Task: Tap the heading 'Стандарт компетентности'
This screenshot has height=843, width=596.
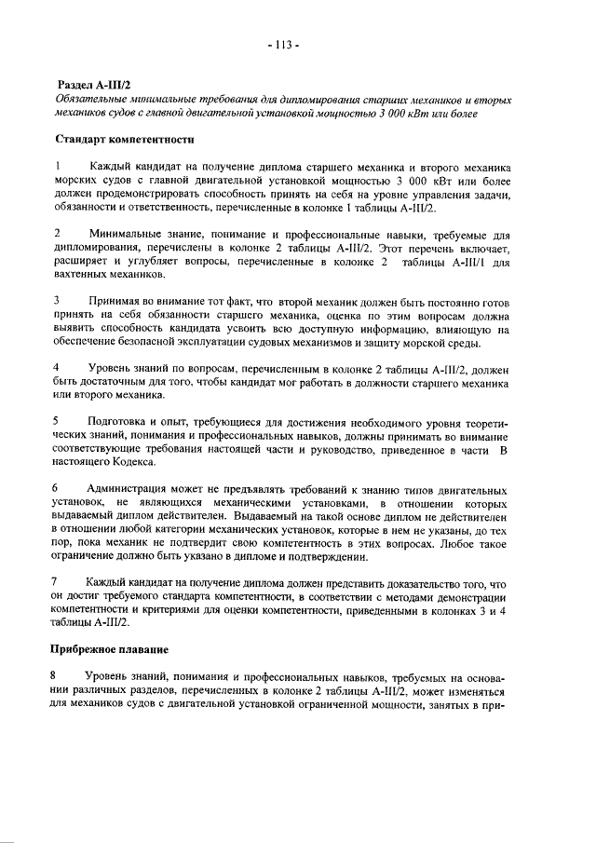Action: click(124, 140)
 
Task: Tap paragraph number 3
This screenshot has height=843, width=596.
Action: click(58, 301)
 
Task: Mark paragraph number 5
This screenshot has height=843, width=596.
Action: click(58, 421)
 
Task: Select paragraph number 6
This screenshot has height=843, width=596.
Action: click(58, 488)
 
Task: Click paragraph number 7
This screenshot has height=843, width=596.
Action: click(58, 581)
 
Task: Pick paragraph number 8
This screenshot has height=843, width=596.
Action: click(58, 674)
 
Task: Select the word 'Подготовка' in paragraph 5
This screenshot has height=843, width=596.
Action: click(115, 421)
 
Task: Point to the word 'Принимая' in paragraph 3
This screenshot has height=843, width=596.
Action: click(116, 301)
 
